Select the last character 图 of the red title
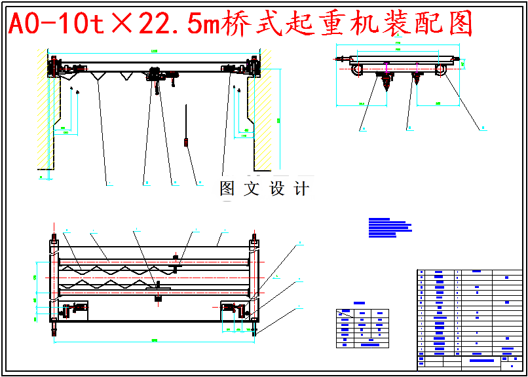[461, 24]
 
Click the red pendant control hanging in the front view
[187, 141]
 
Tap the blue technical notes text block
[390, 226]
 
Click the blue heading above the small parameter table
[359, 303]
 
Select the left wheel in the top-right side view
[358, 69]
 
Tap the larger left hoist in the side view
[385, 81]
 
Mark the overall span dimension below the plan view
[154, 340]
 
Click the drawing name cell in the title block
[481, 360]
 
